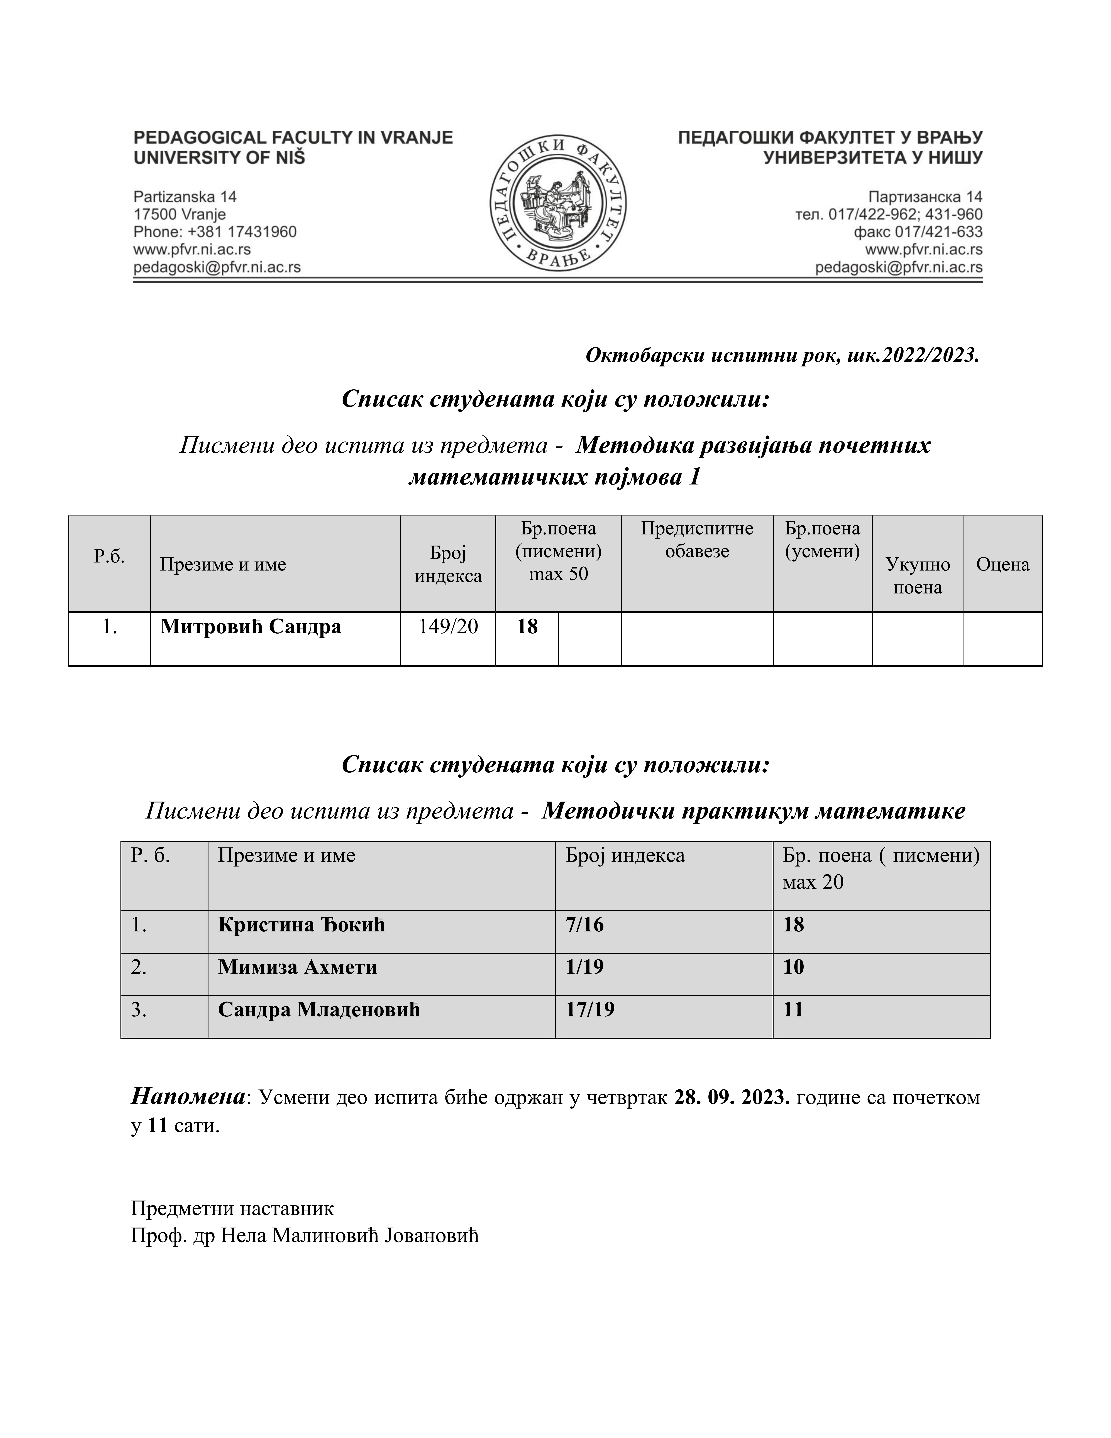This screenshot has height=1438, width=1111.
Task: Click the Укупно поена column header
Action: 918,575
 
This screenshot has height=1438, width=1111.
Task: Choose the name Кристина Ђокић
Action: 301,925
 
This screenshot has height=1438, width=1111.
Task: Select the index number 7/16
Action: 584,925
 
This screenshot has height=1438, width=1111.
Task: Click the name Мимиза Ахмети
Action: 298,967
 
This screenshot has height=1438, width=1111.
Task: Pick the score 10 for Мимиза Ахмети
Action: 793,967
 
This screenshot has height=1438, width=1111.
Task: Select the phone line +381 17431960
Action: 215,232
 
